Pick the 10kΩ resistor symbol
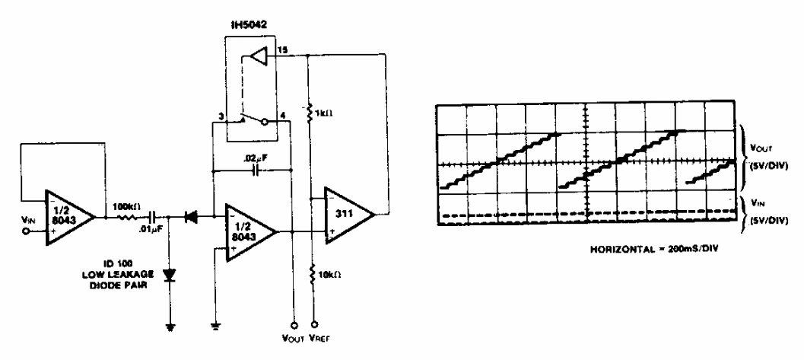[x=313, y=273]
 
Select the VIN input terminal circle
[x=24, y=231]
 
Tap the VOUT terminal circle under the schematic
[x=294, y=324]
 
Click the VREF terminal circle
[x=313, y=324]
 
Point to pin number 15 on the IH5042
[x=282, y=49]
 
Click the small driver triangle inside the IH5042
[x=259, y=56]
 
